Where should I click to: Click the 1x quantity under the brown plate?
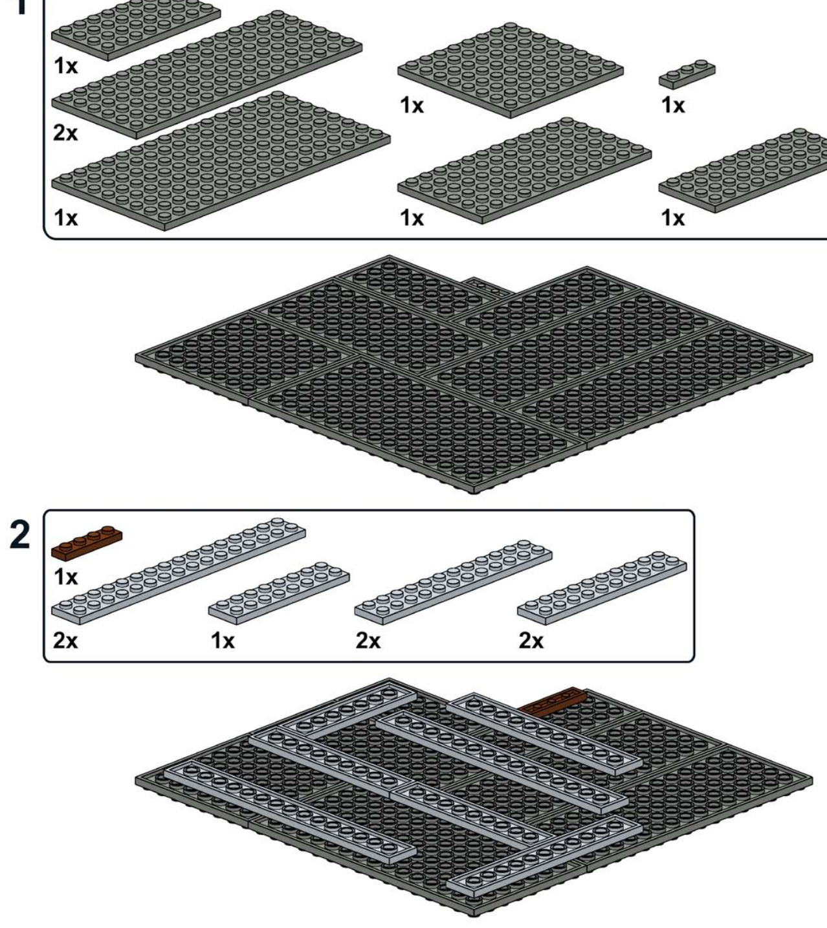(x=65, y=577)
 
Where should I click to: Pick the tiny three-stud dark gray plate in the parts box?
(x=687, y=74)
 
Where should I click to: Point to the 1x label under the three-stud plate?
(x=673, y=106)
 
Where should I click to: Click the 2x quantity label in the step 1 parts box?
(x=65, y=133)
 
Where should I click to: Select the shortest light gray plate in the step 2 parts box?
(x=278, y=593)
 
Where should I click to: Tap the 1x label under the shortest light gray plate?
(x=223, y=641)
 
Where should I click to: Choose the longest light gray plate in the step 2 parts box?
(x=178, y=571)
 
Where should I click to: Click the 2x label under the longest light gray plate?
(x=65, y=641)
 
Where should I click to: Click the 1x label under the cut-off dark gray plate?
(x=673, y=218)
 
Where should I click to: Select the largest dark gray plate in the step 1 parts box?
(x=221, y=160)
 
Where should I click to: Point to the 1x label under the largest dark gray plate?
(x=65, y=218)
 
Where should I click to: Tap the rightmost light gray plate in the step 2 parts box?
(x=602, y=588)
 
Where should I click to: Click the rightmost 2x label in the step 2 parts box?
(x=531, y=641)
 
